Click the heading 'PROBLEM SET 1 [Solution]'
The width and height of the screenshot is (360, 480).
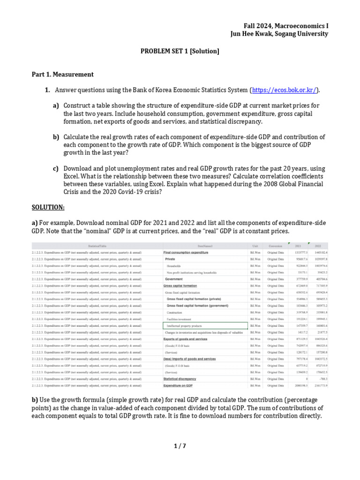[x=180, y=51]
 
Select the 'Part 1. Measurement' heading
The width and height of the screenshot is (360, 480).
[x=62, y=74]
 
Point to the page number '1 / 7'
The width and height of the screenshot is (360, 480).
[x=180, y=446]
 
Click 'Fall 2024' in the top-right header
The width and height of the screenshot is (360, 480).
[x=259, y=25]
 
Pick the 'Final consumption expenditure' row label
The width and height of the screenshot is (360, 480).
[x=186, y=252]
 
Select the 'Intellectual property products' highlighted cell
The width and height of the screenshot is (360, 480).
[x=184, y=325]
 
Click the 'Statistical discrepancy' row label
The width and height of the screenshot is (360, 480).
[x=180, y=379]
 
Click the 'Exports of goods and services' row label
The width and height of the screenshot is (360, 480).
[x=185, y=338]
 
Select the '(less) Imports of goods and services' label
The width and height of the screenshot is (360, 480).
[x=189, y=359]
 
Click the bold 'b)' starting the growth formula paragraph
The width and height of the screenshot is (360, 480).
[x=35, y=399]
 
